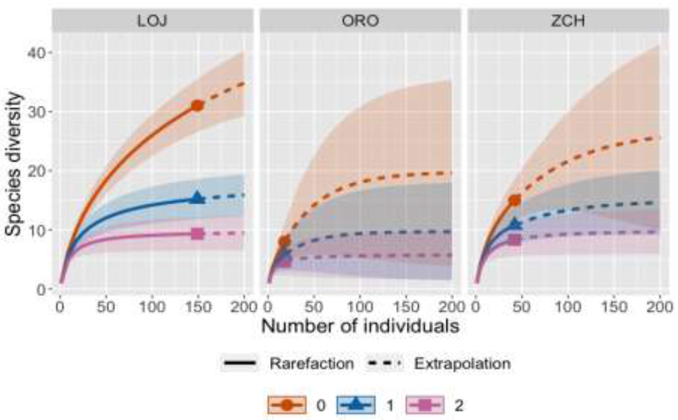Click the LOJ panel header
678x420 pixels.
pos(153,21)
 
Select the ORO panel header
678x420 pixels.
pos(360,21)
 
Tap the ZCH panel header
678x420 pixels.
pos(568,21)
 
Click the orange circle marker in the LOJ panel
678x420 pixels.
pos(197,106)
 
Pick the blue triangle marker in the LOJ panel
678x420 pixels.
pos(197,198)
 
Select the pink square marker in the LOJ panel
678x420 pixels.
pos(197,234)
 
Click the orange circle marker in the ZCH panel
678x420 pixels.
pos(515,200)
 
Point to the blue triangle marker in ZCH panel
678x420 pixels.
pos(515,224)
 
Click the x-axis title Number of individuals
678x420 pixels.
pos(360,326)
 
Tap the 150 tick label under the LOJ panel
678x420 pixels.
pos(198,307)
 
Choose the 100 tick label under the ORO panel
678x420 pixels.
pos(360,307)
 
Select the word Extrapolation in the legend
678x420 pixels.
pos(462,363)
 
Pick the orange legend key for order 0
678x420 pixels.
pos(287,405)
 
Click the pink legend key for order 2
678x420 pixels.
pos(425,405)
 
